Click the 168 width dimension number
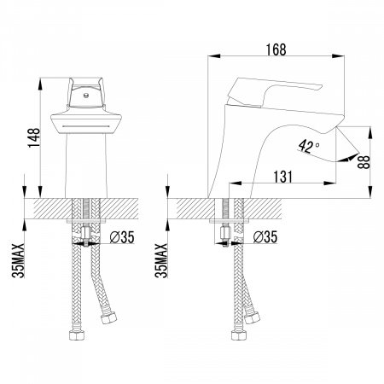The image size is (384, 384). click(x=276, y=49)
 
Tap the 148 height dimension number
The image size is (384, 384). click(x=34, y=137)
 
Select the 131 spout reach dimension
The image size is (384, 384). click(x=282, y=177)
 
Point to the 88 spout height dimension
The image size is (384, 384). click(x=364, y=162)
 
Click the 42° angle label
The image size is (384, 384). click(x=309, y=147)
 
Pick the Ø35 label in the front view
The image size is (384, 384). click(x=122, y=237)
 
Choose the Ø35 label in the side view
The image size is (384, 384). click(x=265, y=236)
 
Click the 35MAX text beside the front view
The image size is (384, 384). click(x=18, y=260)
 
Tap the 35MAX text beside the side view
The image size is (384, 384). click(x=161, y=260)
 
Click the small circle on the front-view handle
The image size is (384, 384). click(x=84, y=95)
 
